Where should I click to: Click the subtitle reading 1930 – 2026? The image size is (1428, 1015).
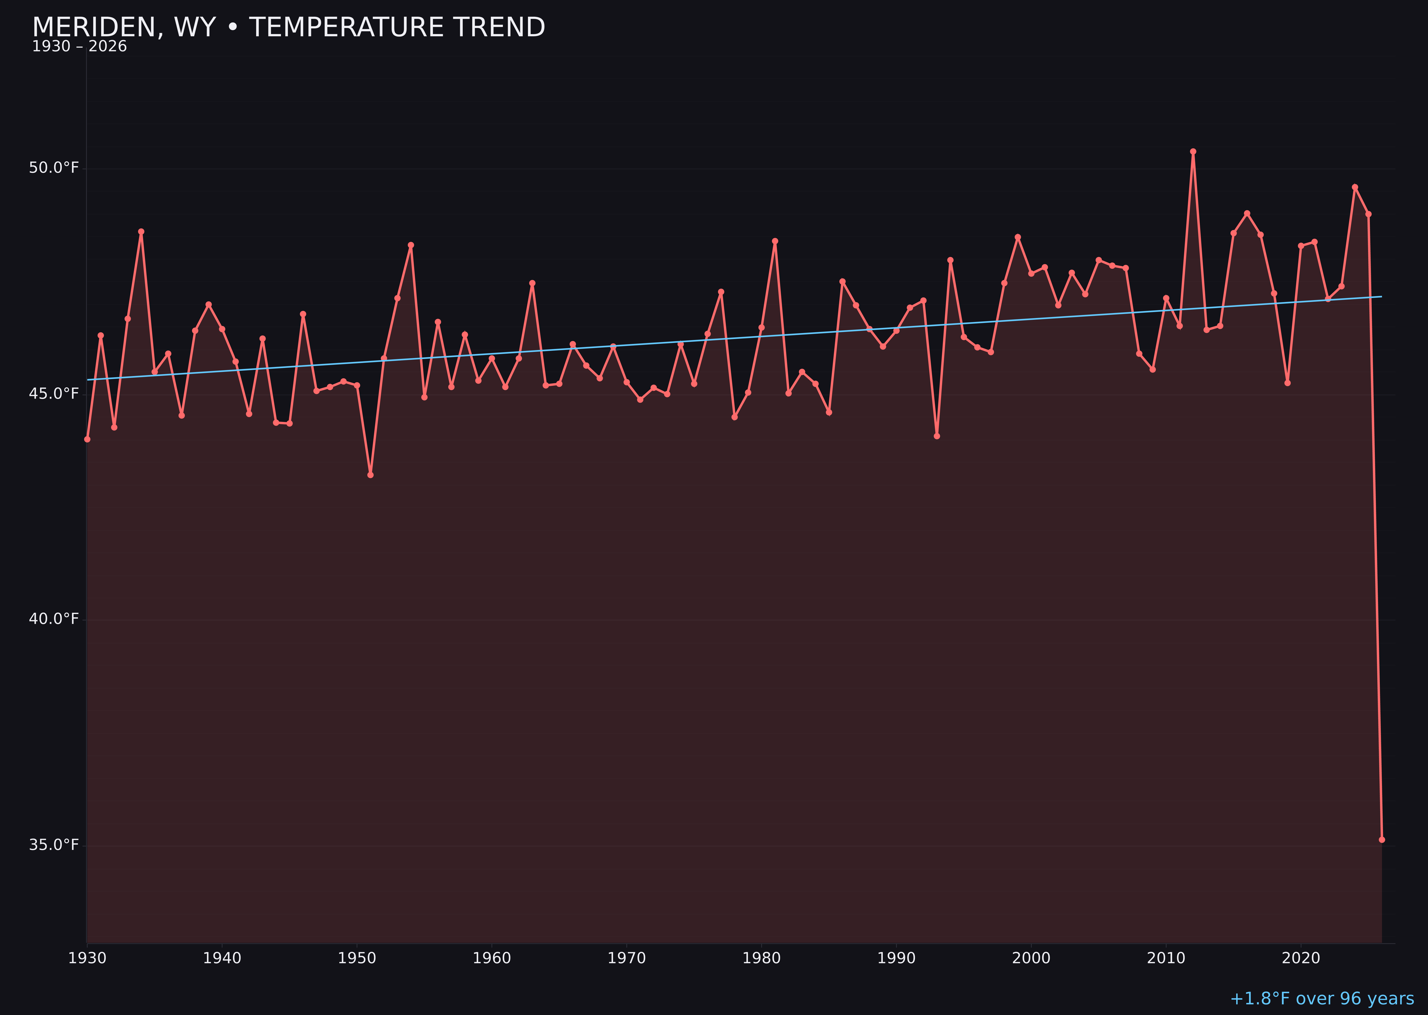pyautogui.click(x=79, y=47)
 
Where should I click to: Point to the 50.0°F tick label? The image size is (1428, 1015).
pyautogui.click(x=54, y=168)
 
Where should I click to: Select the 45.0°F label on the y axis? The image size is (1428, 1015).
pyautogui.click(x=54, y=394)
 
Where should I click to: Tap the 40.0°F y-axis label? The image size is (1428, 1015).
pyautogui.click(x=54, y=619)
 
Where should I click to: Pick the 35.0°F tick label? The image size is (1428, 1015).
pyautogui.click(x=54, y=845)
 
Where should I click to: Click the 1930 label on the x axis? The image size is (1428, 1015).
pyautogui.click(x=87, y=958)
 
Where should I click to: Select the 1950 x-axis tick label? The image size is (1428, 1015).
pyautogui.click(x=357, y=958)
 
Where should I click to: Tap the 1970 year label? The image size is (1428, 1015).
pyautogui.click(x=627, y=958)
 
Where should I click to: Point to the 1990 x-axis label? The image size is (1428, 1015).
pyautogui.click(x=896, y=958)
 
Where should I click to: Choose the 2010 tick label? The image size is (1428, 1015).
pyautogui.click(x=1166, y=958)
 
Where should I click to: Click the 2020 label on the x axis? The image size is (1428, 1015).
pyautogui.click(x=1301, y=958)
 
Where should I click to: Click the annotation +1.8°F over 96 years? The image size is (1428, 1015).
pyautogui.click(x=1322, y=999)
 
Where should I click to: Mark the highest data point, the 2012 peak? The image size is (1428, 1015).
pyautogui.click(x=1193, y=151)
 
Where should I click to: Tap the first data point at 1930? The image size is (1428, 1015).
pyautogui.click(x=87, y=439)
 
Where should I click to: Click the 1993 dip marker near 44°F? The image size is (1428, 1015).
pyautogui.click(x=936, y=436)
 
